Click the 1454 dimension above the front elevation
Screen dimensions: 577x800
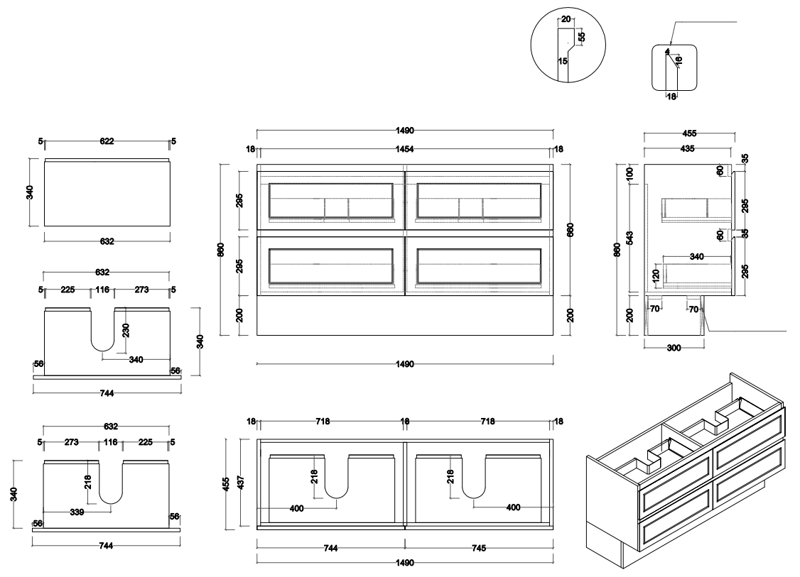[405, 150]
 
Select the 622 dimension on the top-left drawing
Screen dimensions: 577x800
[107, 142]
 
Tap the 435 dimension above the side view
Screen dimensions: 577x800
[687, 149]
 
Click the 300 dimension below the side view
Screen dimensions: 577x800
[673, 348]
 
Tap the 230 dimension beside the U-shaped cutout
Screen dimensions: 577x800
[126, 329]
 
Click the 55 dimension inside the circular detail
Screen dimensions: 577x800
[581, 36]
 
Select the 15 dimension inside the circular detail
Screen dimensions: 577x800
[562, 61]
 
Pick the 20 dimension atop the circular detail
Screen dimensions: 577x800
[566, 20]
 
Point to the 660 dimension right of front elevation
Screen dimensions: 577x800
[570, 229]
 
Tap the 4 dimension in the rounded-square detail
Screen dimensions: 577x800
[668, 51]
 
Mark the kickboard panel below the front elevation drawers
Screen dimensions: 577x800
[405, 315]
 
